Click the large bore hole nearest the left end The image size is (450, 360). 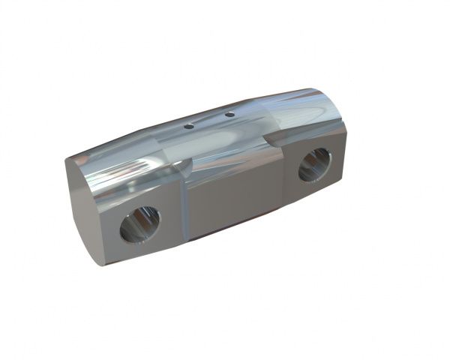(x=140, y=223)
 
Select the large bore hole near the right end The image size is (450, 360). (x=314, y=165)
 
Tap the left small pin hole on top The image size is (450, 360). (x=190, y=126)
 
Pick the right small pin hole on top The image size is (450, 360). (x=229, y=115)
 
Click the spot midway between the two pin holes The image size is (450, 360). (x=210, y=120)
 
